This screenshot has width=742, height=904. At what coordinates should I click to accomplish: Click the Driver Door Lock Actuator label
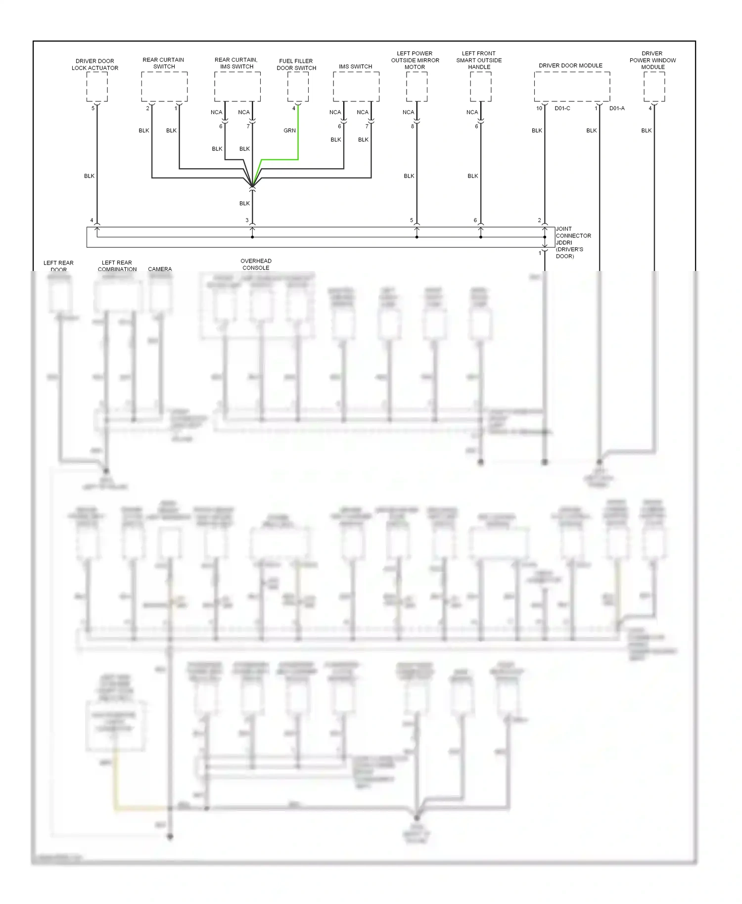95,64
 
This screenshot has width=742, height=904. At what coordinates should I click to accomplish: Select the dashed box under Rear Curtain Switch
164,87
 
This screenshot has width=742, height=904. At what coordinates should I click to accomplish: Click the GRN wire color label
289,131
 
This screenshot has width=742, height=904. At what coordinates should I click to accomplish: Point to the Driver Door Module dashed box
572,87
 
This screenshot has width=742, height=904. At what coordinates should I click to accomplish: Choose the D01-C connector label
562,108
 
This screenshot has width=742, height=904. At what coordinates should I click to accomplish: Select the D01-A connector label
617,108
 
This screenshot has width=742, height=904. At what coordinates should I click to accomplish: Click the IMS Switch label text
355,66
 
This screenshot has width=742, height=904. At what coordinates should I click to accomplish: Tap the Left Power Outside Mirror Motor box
417,87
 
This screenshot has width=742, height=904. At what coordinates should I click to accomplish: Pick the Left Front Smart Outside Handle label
479,60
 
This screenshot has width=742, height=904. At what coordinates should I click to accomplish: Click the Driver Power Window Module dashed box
654,87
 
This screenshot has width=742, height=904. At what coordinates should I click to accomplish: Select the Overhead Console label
256,264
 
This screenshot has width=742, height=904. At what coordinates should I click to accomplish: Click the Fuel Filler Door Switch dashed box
298,87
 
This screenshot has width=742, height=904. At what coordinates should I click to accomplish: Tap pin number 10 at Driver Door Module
539,108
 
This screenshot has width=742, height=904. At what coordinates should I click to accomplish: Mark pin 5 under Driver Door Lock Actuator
93,108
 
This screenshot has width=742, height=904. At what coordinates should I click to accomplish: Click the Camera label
160,269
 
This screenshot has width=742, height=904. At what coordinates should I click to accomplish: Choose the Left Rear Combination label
117,266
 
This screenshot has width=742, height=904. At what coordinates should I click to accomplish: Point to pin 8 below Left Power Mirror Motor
412,126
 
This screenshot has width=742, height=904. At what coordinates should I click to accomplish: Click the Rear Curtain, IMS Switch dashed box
237,87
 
